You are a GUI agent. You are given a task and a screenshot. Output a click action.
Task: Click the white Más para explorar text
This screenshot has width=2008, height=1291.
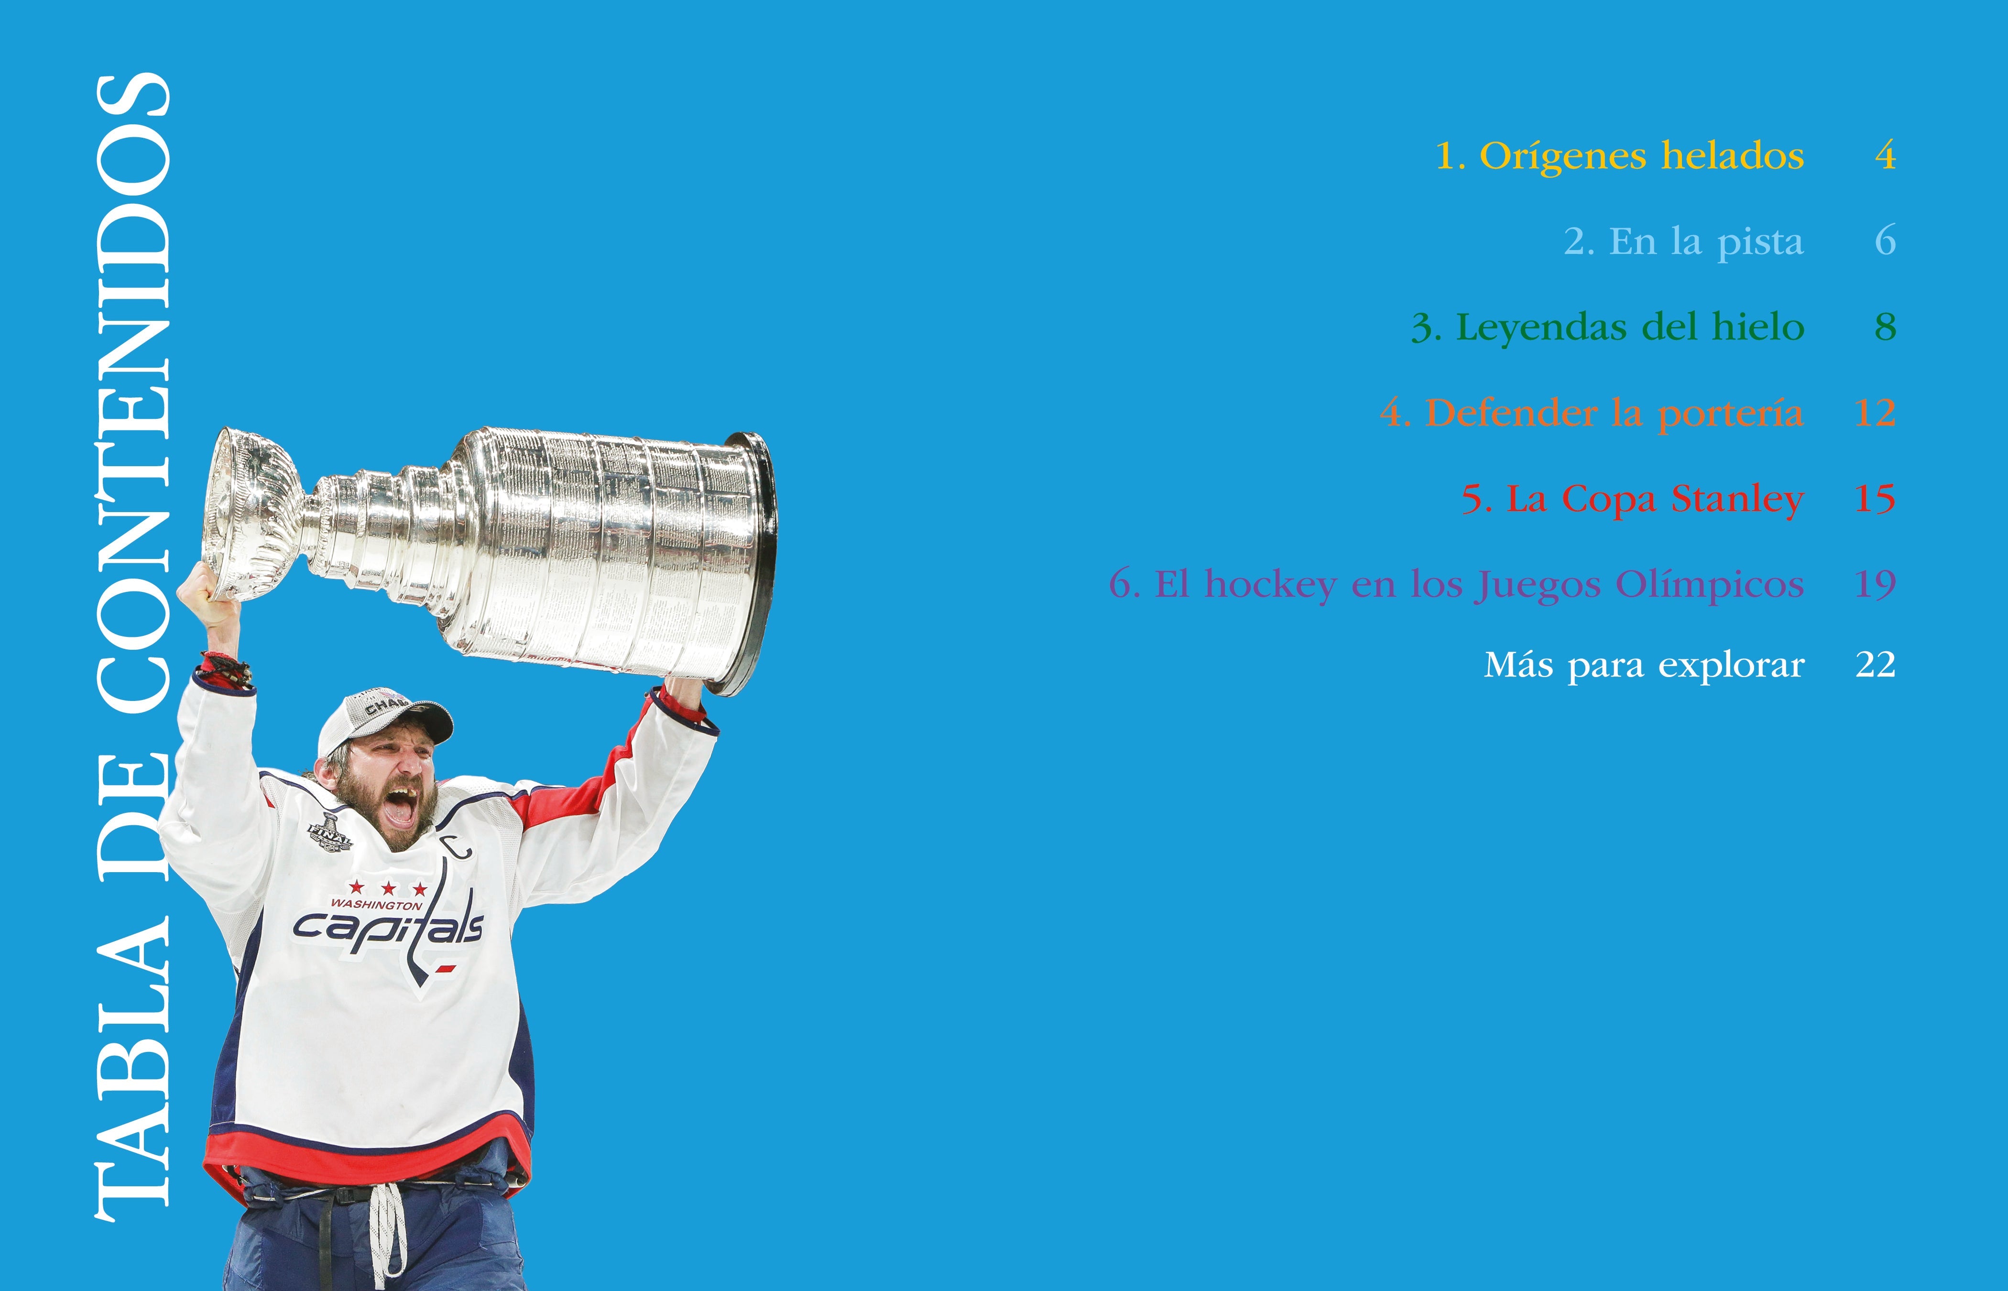[x=1644, y=666]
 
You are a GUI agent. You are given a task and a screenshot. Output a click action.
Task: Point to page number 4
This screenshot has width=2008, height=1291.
[x=1885, y=156]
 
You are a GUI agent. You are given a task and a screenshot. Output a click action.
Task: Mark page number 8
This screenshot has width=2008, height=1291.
[x=1885, y=327]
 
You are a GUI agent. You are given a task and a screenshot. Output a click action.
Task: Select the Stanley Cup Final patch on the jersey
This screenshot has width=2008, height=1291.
[x=330, y=831]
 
